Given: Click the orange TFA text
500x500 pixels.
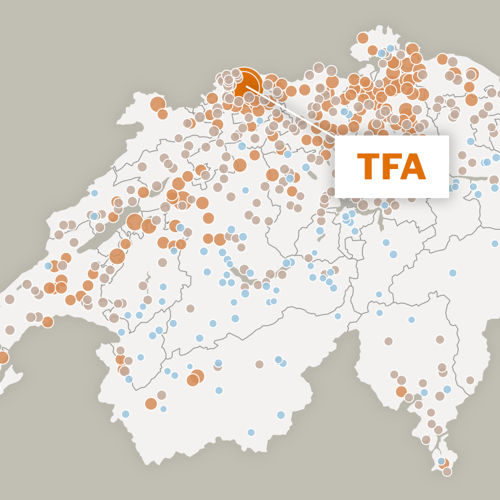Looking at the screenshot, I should coord(391,167).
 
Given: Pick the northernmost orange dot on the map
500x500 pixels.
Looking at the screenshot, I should coord(363,38).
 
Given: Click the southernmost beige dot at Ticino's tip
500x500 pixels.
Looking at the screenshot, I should coord(447,472).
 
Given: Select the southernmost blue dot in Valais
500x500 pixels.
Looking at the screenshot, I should coord(251,432).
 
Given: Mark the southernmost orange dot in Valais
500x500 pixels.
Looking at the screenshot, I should coord(151,404).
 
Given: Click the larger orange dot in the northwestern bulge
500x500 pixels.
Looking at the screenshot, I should coord(157,104).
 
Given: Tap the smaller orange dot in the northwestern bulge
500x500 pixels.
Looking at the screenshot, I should coord(163,114).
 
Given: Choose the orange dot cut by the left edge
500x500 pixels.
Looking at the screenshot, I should coord(3,357).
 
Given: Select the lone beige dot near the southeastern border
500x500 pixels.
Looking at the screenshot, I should coord(470,381).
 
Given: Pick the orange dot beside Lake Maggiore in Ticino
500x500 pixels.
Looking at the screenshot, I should coord(401,392).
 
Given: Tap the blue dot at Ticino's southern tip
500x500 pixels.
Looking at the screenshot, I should coord(441,461).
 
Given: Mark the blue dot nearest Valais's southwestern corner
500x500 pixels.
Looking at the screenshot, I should coord(125,414).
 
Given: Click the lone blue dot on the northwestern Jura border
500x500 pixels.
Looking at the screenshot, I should coord(95,193).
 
